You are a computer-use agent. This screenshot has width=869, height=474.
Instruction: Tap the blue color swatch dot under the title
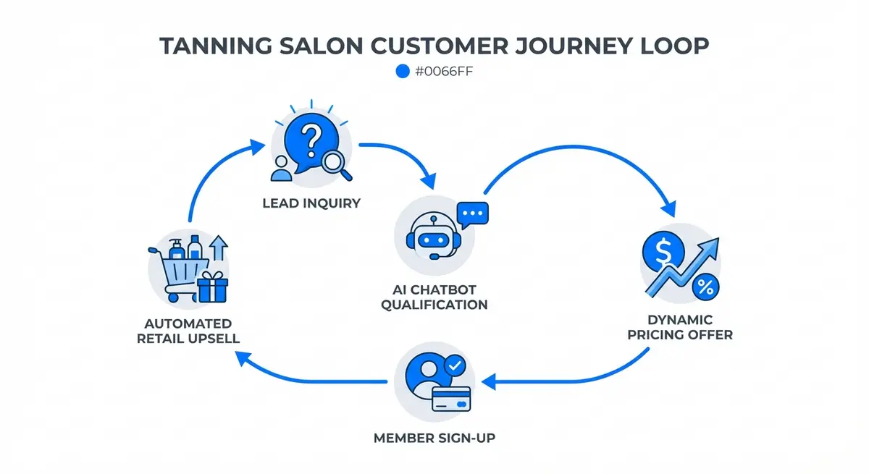pyautogui.click(x=403, y=71)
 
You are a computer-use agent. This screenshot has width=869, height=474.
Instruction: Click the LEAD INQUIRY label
pyautogui.click(x=311, y=203)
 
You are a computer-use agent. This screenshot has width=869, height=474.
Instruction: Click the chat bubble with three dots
pyautogui.click(x=473, y=215)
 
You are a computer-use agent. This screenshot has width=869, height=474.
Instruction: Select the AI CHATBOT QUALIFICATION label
pyautogui.click(x=434, y=297)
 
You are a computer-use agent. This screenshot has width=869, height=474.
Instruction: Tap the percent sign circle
pyautogui.click(x=703, y=287)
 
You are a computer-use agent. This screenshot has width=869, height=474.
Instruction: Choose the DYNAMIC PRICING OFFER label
pyautogui.click(x=680, y=327)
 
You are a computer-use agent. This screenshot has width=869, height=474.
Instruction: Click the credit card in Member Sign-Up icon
pyautogui.click(x=451, y=398)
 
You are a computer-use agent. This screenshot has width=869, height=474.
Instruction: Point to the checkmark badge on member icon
pyautogui.click(x=454, y=368)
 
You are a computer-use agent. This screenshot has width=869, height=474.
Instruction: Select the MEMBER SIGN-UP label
pyautogui.click(x=434, y=439)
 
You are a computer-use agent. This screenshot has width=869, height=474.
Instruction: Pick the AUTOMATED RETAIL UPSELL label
pyautogui.click(x=188, y=331)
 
